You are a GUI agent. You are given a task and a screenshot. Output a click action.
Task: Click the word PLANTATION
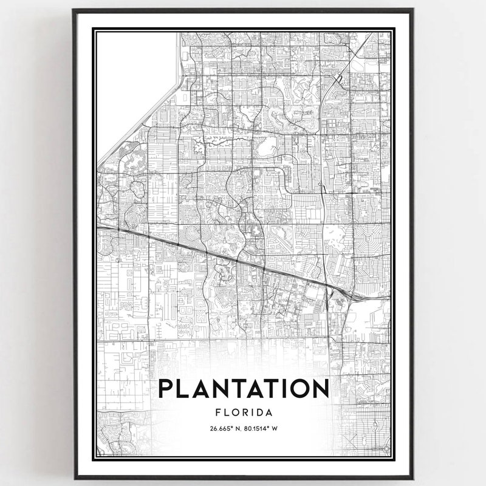[244, 389]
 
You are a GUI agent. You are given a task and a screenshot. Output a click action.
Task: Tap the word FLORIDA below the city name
[244, 412]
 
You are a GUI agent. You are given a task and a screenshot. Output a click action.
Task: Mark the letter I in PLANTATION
[279, 389]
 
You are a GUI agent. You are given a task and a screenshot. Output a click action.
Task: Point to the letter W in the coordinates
[275, 428]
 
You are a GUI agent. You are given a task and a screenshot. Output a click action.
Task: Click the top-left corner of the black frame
[74, 10]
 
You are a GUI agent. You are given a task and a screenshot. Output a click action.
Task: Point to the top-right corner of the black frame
[412, 10]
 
